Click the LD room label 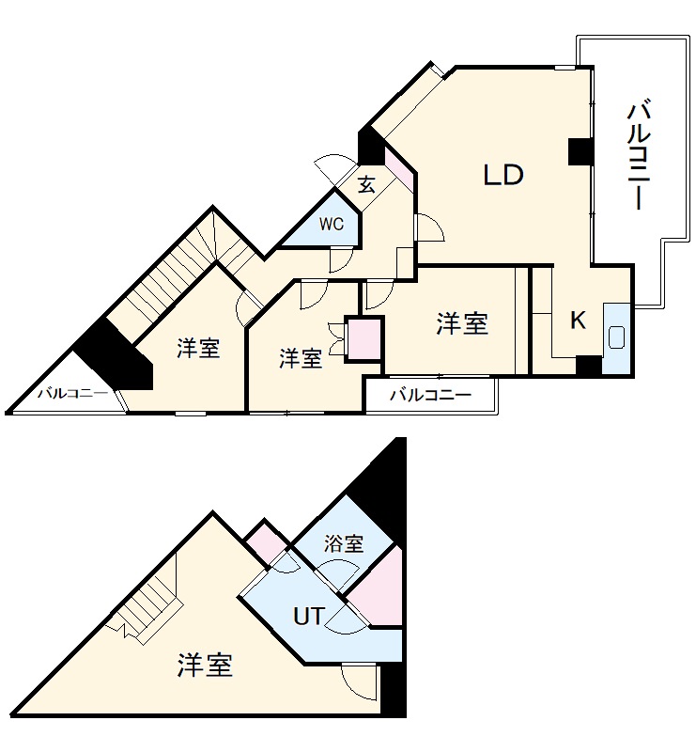coord(503,176)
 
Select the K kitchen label coord(578,321)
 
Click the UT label coord(309,617)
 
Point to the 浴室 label coord(343,543)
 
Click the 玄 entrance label coord(366,185)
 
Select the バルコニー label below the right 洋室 coord(429,395)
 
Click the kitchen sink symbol coord(617,337)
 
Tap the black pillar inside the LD coord(580,151)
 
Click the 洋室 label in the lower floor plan coord(205,666)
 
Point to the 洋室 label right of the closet coord(461,324)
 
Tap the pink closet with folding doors coord(363,338)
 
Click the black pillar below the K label coord(588,365)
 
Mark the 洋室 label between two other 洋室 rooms coord(302,358)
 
